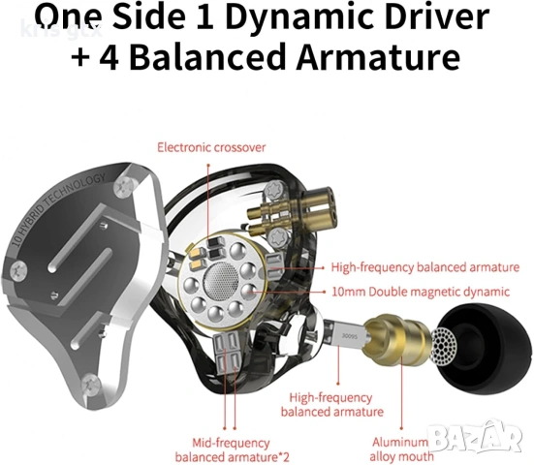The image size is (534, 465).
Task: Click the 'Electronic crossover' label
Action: coord(211,147)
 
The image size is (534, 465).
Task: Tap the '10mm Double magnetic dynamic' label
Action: coord(421,292)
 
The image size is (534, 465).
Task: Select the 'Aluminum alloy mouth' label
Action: coord(401,449)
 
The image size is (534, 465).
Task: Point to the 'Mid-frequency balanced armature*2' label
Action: coord(232,449)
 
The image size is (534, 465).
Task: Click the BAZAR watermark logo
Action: coord(475,438)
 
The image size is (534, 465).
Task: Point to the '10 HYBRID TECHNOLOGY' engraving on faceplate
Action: coord(57,208)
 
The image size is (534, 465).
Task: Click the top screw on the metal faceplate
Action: coord(124,187)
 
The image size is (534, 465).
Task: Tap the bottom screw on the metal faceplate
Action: coord(91,385)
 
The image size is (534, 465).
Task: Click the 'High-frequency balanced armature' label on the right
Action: coord(425,267)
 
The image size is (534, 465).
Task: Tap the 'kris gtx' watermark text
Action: coord(61,30)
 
